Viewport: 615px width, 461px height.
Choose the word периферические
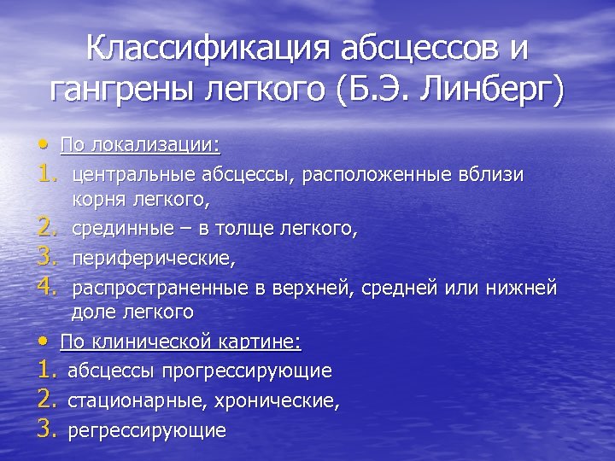(153, 257)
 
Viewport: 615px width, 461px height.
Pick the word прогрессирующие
(253, 371)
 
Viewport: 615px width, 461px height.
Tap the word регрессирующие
(147, 429)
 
